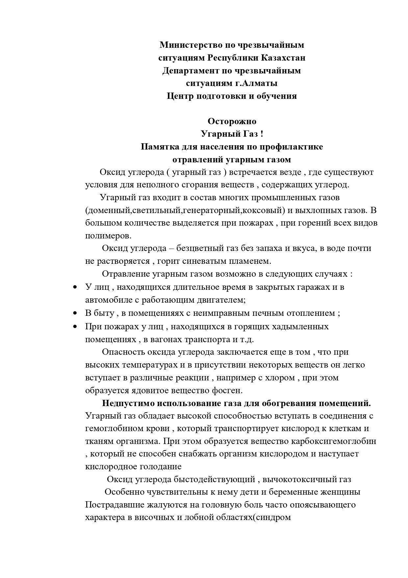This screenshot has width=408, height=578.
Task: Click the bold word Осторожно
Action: coord(232,121)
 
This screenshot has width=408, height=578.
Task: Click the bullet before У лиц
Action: coord(75,287)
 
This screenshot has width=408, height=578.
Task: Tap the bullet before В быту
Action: coord(75,313)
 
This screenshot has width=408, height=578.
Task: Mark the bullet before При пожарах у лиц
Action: coord(75,326)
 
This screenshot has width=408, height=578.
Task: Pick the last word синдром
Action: coord(273,517)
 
